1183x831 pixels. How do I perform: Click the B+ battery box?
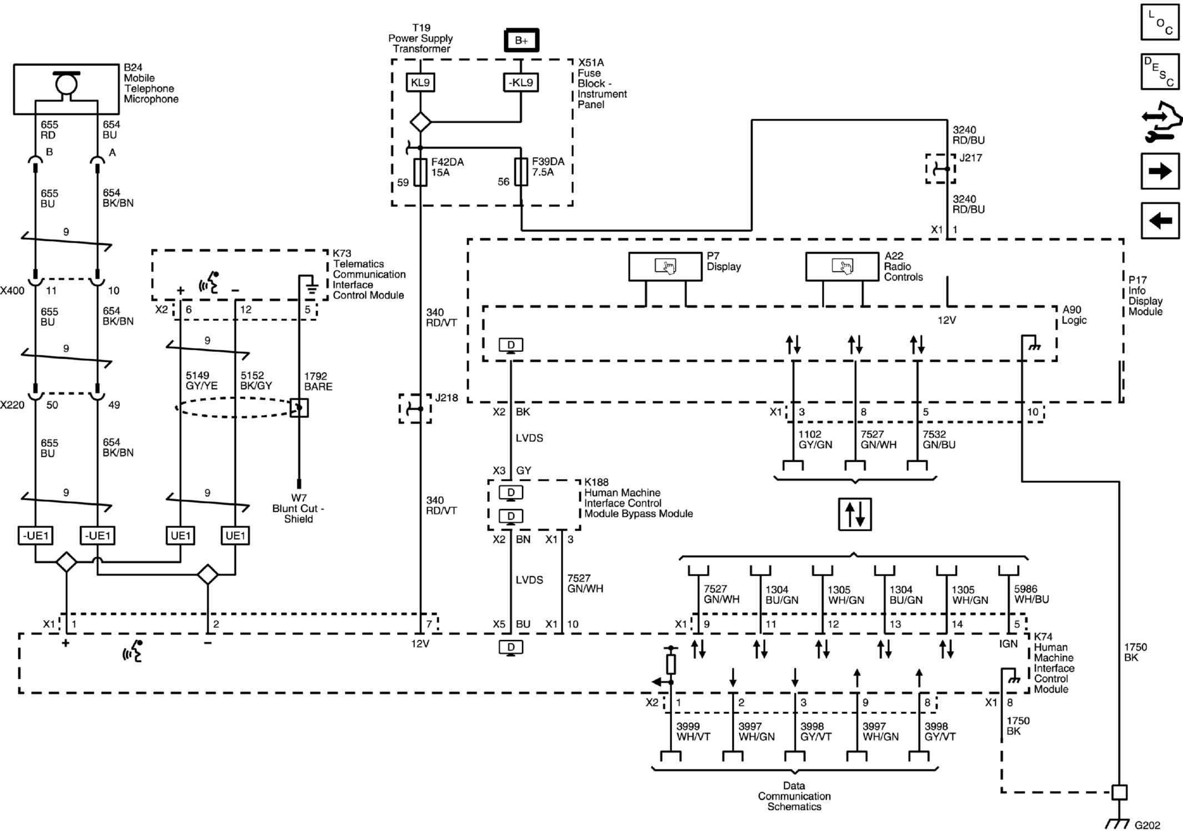521,40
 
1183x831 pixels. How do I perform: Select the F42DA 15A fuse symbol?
420,172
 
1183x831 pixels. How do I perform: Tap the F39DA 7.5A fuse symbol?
521,172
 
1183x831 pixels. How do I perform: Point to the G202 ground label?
1147,825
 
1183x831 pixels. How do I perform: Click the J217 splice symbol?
941,169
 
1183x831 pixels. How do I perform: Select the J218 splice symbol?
415,409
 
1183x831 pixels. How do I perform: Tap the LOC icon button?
1160,22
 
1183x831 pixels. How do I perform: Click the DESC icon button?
1160,72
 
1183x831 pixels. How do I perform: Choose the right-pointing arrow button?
1160,172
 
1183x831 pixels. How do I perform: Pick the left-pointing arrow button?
1160,220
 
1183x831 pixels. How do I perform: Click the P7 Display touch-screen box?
665,267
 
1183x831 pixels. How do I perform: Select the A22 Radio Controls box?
842,267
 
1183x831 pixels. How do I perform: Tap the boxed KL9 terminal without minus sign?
420,83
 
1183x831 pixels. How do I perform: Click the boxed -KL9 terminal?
520,83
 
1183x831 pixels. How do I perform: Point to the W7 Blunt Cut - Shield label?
298,508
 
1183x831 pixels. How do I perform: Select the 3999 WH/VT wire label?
693,732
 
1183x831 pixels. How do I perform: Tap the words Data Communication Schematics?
794,796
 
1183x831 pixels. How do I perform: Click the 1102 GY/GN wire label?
815,440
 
